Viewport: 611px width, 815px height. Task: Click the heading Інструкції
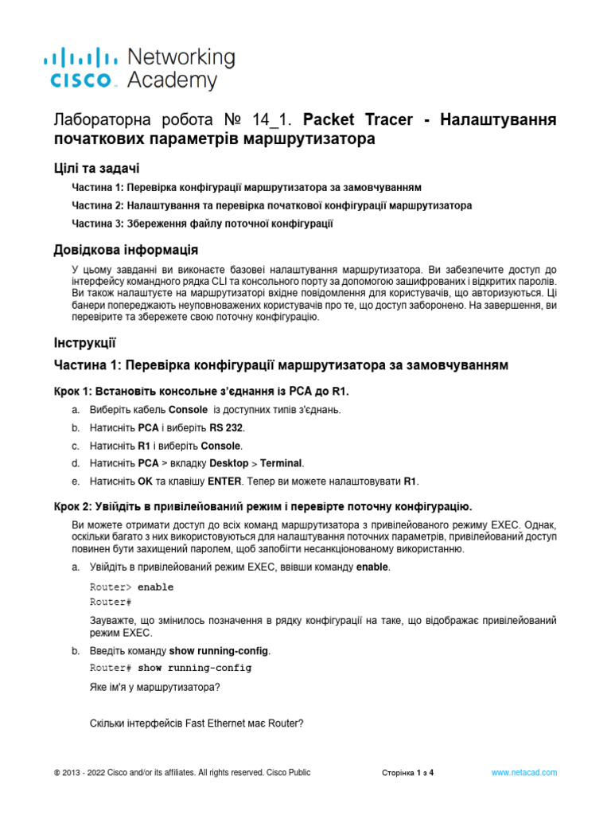click(84, 343)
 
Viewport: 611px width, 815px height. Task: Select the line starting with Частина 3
click(201, 224)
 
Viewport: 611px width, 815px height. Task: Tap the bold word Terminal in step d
click(282, 463)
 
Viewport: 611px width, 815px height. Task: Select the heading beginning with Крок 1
click(200, 392)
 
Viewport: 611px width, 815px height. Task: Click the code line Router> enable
click(131, 587)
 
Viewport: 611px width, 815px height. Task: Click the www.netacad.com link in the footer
click(523, 773)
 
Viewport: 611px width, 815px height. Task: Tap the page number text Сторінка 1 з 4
click(408, 773)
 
